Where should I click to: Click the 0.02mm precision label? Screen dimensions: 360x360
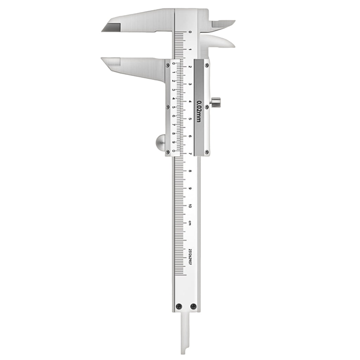click(x=198, y=111)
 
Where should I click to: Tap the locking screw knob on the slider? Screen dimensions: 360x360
click(x=216, y=103)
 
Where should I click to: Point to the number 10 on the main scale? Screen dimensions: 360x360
click(x=190, y=206)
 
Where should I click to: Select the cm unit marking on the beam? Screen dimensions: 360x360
click(x=190, y=222)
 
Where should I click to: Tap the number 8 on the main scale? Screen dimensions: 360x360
click(x=190, y=171)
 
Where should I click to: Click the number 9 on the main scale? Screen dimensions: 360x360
click(x=190, y=189)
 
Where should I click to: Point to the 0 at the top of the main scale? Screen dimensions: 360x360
click(x=190, y=32)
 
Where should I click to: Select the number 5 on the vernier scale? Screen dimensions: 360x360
click(x=174, y=107)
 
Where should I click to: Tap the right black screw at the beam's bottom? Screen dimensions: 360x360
click(x=193, y=306)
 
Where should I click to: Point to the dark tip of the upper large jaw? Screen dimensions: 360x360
click(x=111, y=27)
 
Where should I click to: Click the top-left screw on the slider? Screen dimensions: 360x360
click(x=167, y=64)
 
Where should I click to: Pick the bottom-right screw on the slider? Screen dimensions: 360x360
click(x=207, y=152)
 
